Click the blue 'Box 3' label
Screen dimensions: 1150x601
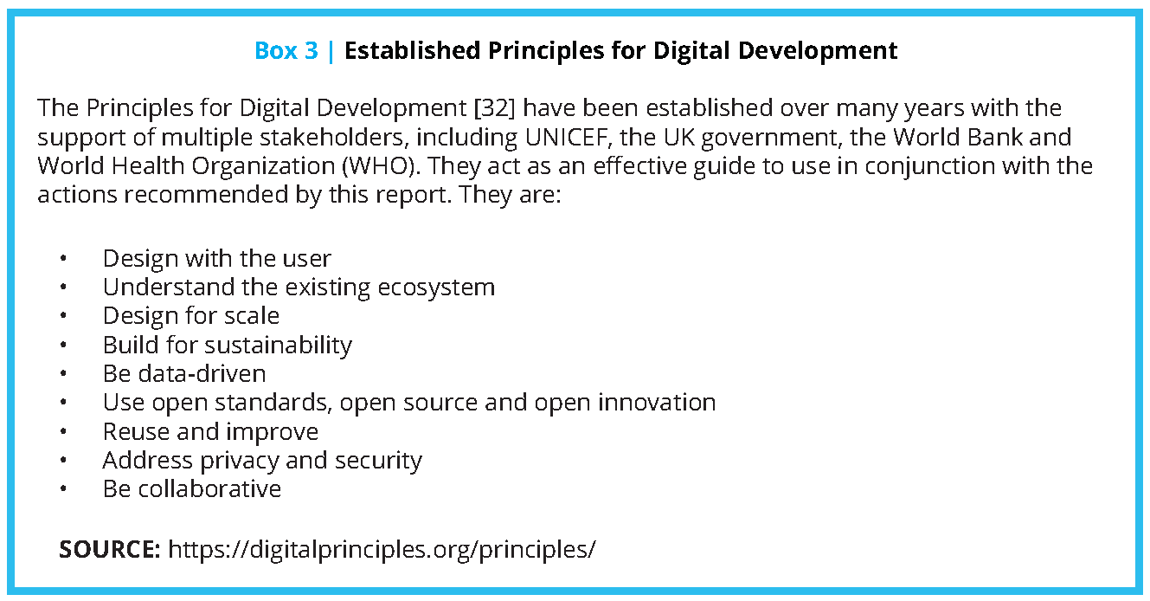286,51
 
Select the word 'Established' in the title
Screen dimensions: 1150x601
412,51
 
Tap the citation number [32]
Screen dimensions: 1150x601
494,108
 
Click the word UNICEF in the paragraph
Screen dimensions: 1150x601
565,137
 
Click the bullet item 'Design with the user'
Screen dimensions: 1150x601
216,258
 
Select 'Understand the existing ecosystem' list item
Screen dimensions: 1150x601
299,288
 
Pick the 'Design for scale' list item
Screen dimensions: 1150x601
191,316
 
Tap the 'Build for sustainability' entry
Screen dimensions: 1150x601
228,345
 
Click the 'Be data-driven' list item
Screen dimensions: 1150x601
184,373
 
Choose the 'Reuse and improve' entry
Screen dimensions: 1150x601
210,431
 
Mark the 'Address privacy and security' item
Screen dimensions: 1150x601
262,460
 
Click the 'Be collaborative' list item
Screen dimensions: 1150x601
192,488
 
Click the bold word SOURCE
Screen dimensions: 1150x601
110,549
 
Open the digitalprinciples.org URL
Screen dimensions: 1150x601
382,549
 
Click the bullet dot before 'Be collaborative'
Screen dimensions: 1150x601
63,488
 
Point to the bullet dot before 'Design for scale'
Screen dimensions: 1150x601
63,316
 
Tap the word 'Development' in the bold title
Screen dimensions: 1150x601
818,51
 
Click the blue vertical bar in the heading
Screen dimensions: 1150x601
331,51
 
